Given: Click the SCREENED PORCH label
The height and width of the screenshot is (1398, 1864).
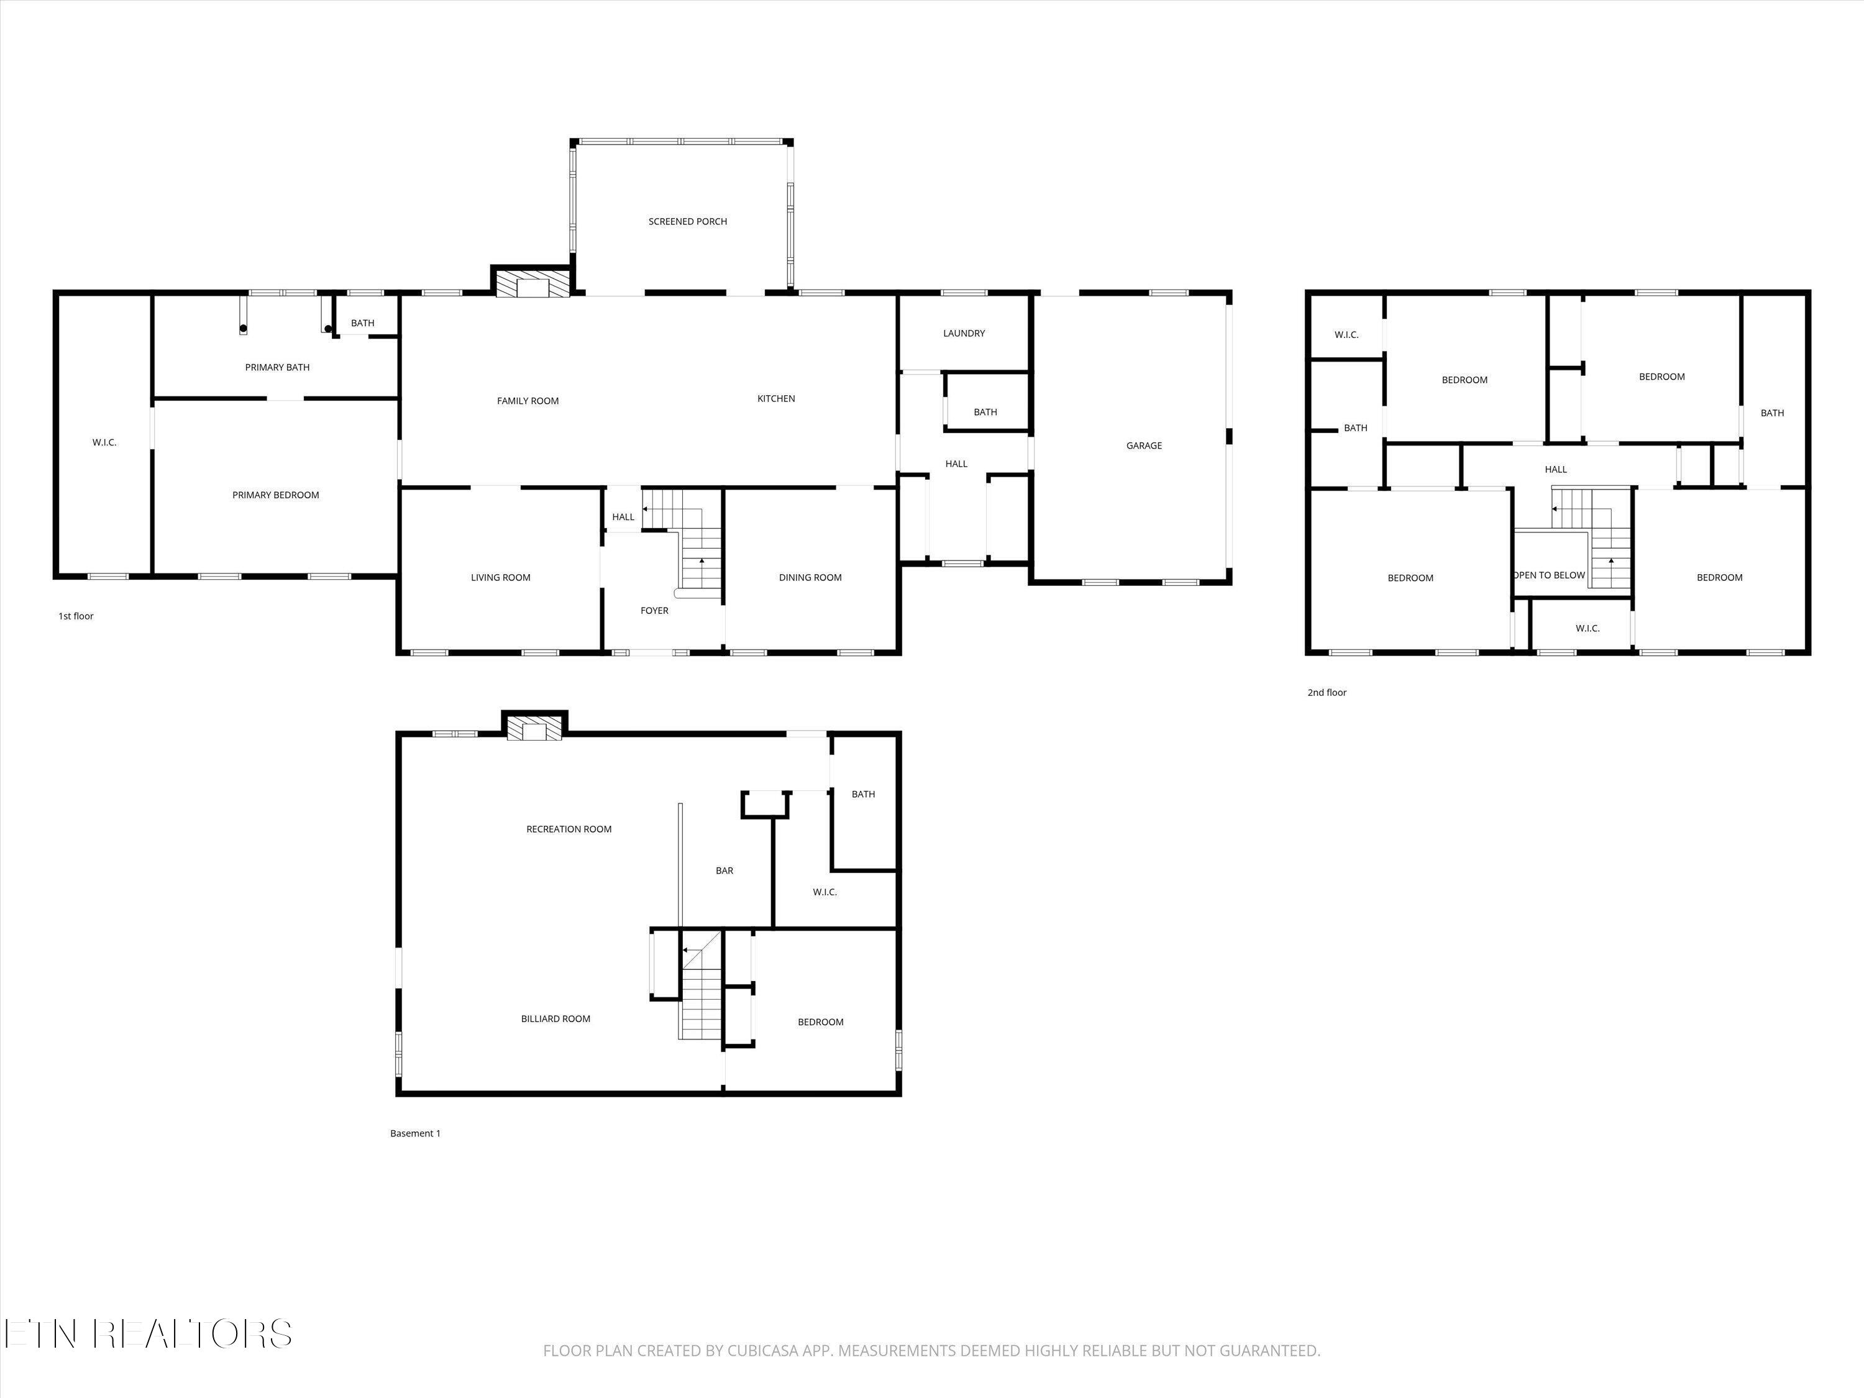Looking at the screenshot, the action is (688, 222).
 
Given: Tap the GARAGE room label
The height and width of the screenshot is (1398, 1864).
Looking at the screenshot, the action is (1143, 445).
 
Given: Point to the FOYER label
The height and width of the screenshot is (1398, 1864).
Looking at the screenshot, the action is (655, 611).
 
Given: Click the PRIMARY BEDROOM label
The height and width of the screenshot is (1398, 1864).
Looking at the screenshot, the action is (275, 495).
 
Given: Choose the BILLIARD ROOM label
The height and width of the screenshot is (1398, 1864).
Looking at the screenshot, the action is (555, 1019).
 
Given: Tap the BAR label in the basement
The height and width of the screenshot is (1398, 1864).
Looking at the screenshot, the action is (724, 870).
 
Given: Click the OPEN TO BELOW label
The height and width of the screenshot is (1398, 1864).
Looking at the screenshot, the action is (1550, 575).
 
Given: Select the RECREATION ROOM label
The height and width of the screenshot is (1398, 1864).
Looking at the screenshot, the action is (569, 829).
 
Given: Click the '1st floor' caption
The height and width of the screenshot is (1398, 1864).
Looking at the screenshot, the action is (76, 616).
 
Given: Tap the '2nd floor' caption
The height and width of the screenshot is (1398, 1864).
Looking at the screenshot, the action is (1327, 693).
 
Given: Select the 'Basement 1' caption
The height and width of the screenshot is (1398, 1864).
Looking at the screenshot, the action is (416, 1133).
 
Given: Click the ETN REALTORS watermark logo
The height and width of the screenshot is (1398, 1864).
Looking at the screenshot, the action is (148, 1334).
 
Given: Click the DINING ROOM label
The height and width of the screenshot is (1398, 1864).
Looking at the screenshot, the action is (810, 578).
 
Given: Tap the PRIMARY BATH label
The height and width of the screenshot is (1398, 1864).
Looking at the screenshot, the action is (277, 367).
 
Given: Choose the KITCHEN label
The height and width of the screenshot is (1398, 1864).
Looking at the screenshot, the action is (776, 399).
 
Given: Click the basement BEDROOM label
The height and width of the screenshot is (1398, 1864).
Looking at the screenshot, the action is (821, 1022).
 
